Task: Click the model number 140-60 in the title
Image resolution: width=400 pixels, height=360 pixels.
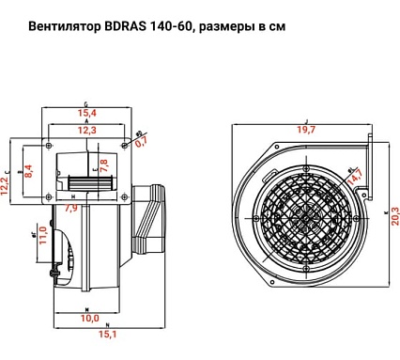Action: click(177, 27)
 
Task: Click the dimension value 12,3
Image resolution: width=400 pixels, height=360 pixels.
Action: click(87, 131)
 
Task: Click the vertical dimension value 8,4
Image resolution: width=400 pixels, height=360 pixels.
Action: click(29, 170)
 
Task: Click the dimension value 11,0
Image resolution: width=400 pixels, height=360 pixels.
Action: click(42, 234)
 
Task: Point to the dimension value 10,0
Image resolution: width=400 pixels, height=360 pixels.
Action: click(87, 318)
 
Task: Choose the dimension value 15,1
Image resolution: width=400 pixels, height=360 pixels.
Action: click(108, 334)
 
